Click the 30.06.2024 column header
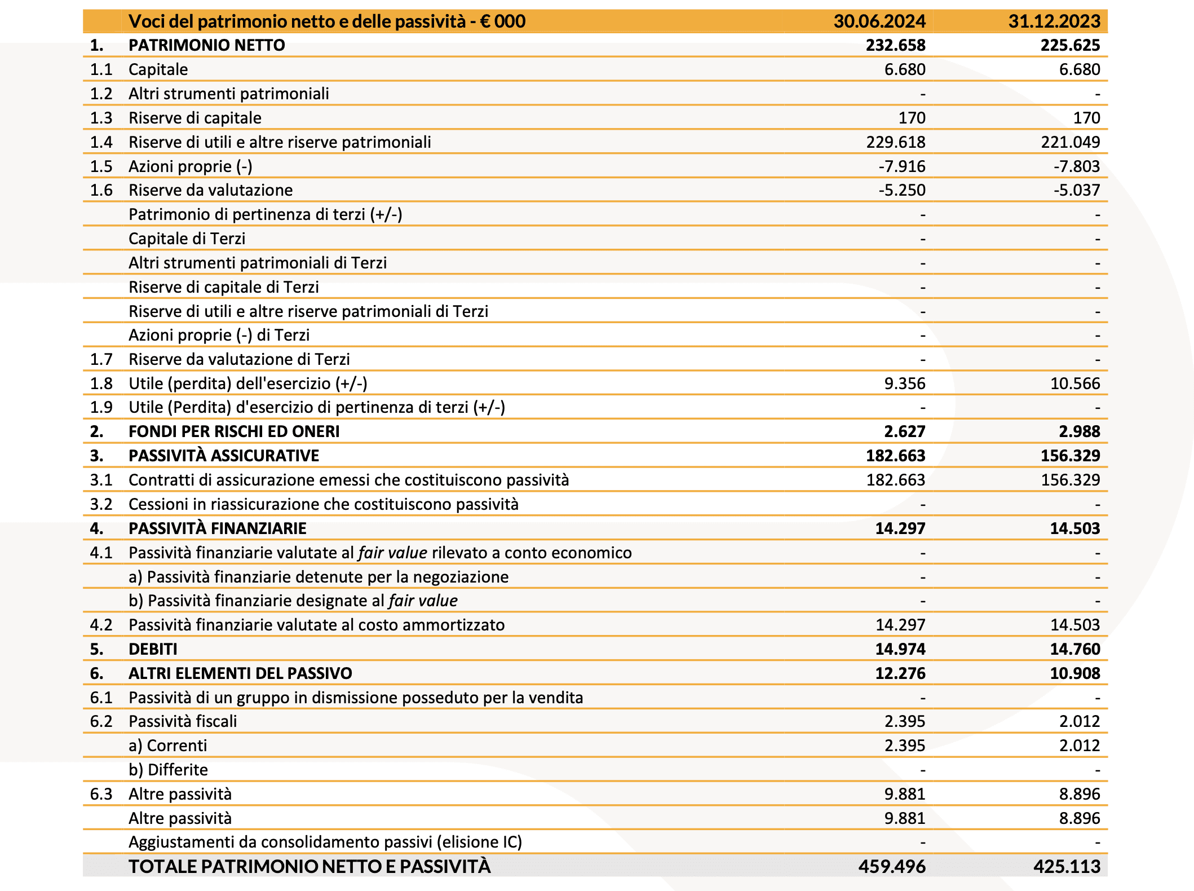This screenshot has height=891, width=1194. [879, 21]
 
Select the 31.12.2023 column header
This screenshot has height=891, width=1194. [1054, 21]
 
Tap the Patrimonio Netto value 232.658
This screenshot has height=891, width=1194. [895, 45]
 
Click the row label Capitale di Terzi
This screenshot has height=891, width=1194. [187, 239]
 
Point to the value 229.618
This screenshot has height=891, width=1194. [895, 142]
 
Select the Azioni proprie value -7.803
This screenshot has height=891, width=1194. [1076, 166]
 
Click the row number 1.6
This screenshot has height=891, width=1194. [101, 190]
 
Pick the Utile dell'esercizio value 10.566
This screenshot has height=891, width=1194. [1074, 383]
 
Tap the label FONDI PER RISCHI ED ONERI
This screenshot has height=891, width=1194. [234, 431]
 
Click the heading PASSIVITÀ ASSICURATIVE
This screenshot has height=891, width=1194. [224, 456]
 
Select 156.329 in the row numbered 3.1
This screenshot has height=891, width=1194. [1070, 480]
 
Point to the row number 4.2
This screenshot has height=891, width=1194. [101, 625]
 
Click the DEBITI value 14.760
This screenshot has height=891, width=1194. [1074, 649]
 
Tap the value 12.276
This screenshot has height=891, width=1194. [900, 673]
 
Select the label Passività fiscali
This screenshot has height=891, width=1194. [183, 721]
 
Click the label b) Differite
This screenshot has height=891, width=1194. [168, 770]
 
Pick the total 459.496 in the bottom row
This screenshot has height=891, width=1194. [891, 866]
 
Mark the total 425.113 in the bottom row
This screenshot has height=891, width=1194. [1066, 866]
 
